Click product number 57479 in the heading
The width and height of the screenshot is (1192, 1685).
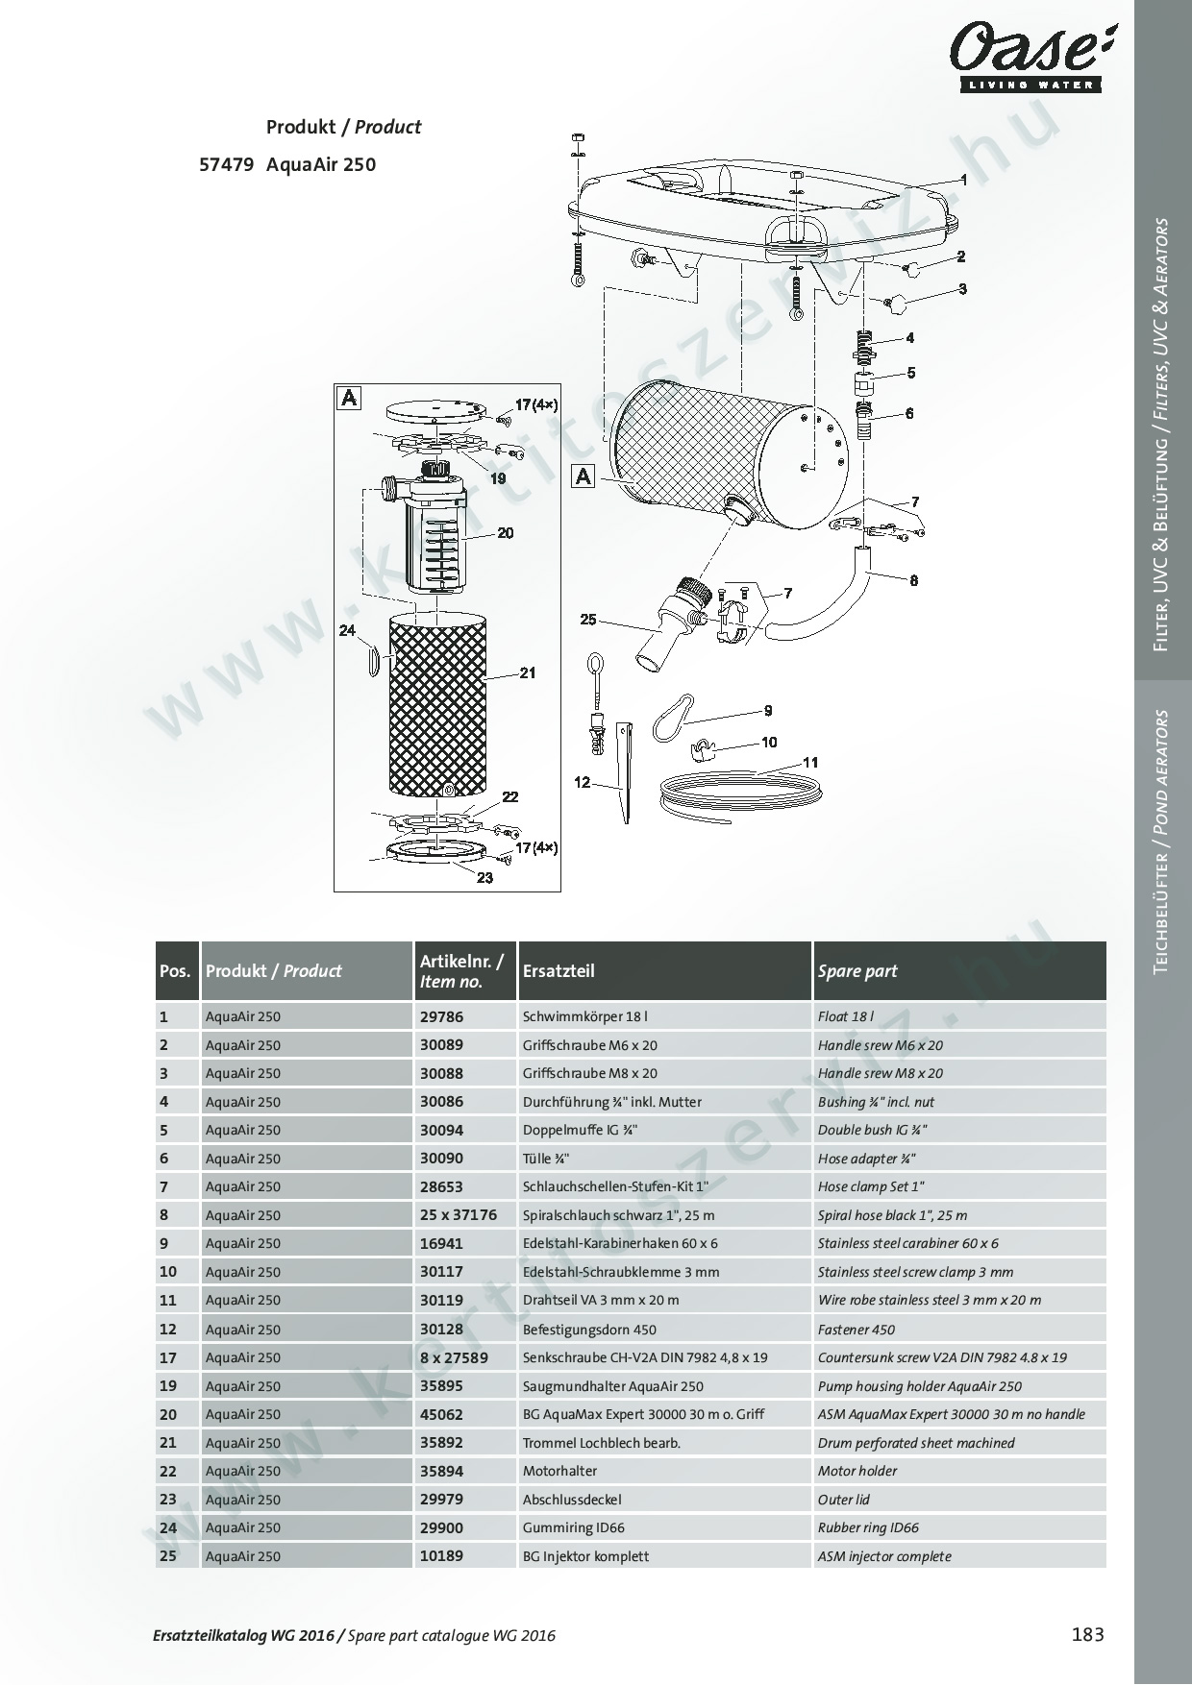[x=226, y=164]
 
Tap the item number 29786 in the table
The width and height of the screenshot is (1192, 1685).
[x=441, y=1016]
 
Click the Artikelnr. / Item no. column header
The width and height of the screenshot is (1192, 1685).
[x=461, y=971]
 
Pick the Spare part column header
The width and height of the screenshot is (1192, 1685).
[x=857, y=971]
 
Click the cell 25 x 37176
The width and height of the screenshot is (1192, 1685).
[x=459, y=1215]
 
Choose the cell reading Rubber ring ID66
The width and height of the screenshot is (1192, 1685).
[x=868, y=1527]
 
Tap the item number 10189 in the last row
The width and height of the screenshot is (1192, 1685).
[x=441, y=1556]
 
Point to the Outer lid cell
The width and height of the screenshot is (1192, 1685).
[x=843, y=1500]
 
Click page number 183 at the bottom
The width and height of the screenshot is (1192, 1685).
[x=1087, y=1634]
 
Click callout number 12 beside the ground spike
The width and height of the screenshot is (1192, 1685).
[x=583, y=783]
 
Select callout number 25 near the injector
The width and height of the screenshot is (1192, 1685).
[x=588, y=620]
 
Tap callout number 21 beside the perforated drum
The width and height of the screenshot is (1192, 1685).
[x=528, y=673]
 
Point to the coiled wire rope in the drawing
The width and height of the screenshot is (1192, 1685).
[x=740, y=793]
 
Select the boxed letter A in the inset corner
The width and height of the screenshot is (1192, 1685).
[x=349, y=397]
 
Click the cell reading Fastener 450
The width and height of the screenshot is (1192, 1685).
[x=856, y=1330]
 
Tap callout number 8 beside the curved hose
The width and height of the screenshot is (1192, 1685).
[x=913, y=580]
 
